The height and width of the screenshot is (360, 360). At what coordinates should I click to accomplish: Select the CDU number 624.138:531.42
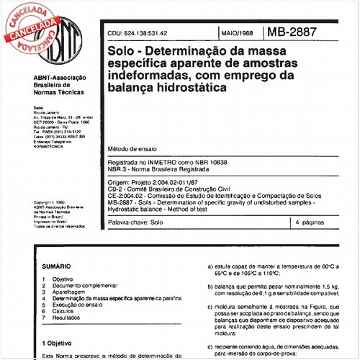coord(143,33)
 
